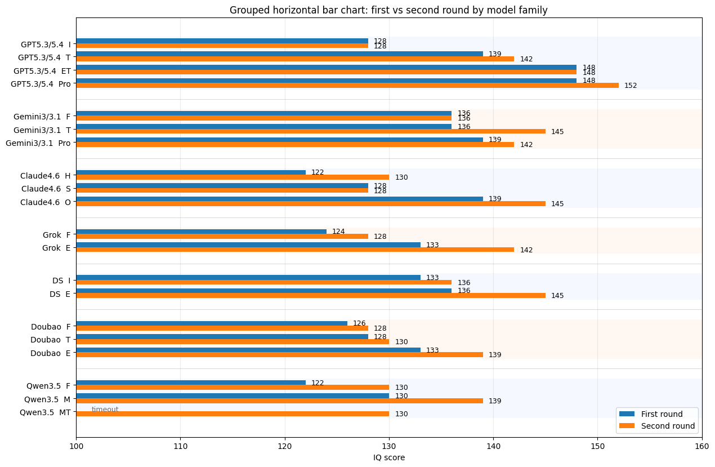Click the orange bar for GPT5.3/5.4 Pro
347,86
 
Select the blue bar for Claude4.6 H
191,172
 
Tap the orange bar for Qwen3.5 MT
232,414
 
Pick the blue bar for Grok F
201,232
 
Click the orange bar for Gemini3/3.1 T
310,131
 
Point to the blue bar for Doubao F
212,323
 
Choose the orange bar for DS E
310,296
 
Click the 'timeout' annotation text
105,410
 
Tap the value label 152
631,86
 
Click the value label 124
338,232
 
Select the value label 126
359,323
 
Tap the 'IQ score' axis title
388,457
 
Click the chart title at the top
388,10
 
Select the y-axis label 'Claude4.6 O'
46,202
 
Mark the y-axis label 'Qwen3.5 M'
47,399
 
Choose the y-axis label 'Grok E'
56,248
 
